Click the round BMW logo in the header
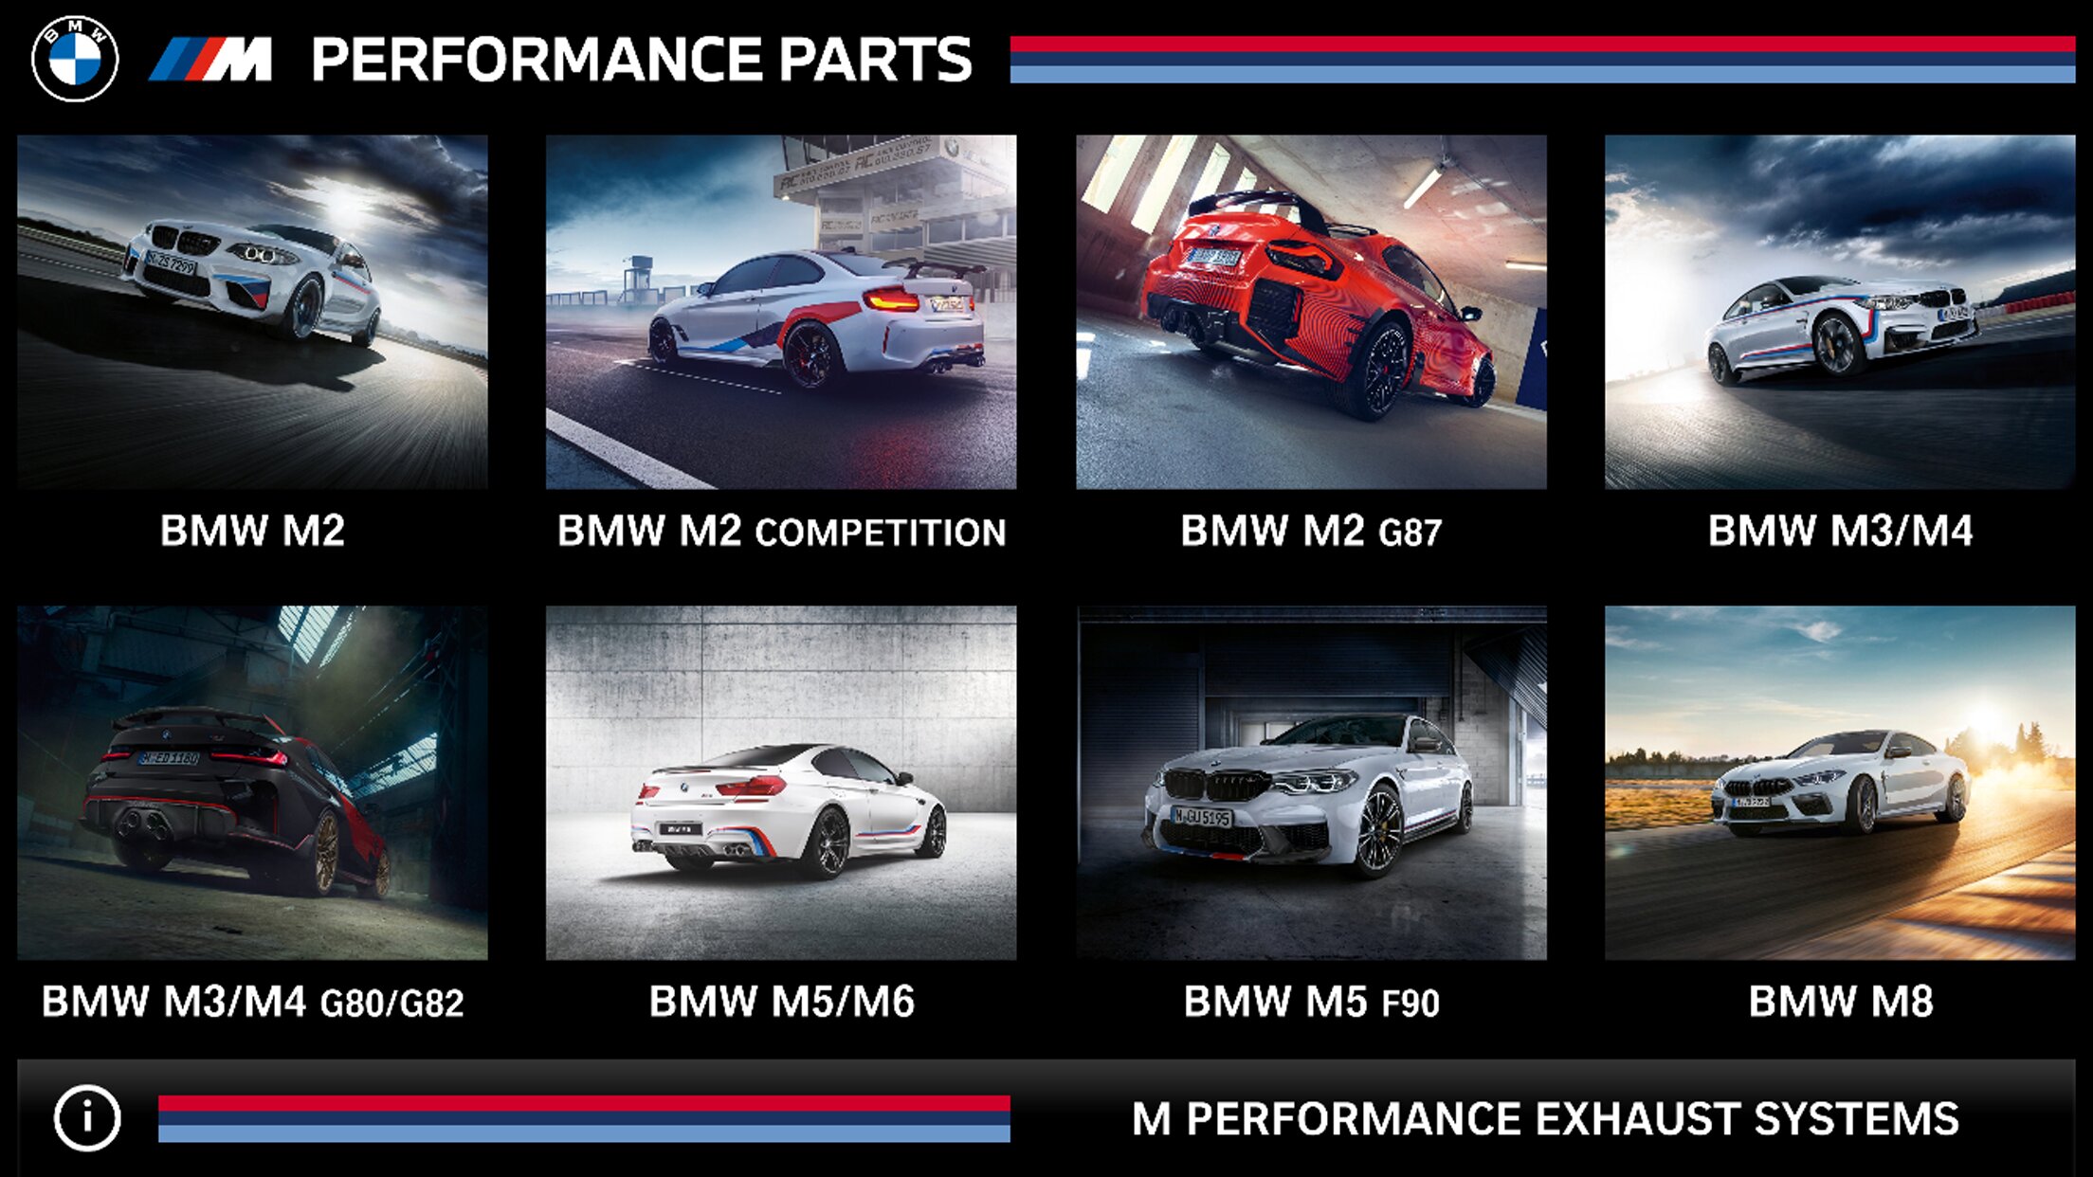[x=75, y=58]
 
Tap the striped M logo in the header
[x=210, y=60]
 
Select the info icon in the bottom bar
[x=87, y=1118]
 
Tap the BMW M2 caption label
[x=252, y=531]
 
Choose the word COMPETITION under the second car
[x=881, y=533]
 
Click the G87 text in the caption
[x=1410, y=533]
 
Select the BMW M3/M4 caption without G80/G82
[x=1840, y=531]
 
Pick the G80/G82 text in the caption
[x=392, y=1004]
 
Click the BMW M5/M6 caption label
[x=781, y=1002]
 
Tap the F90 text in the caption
[x=1410, y=1004]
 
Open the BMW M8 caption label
[x=1840, y=1002]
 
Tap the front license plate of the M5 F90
[x=1202, y=816]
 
